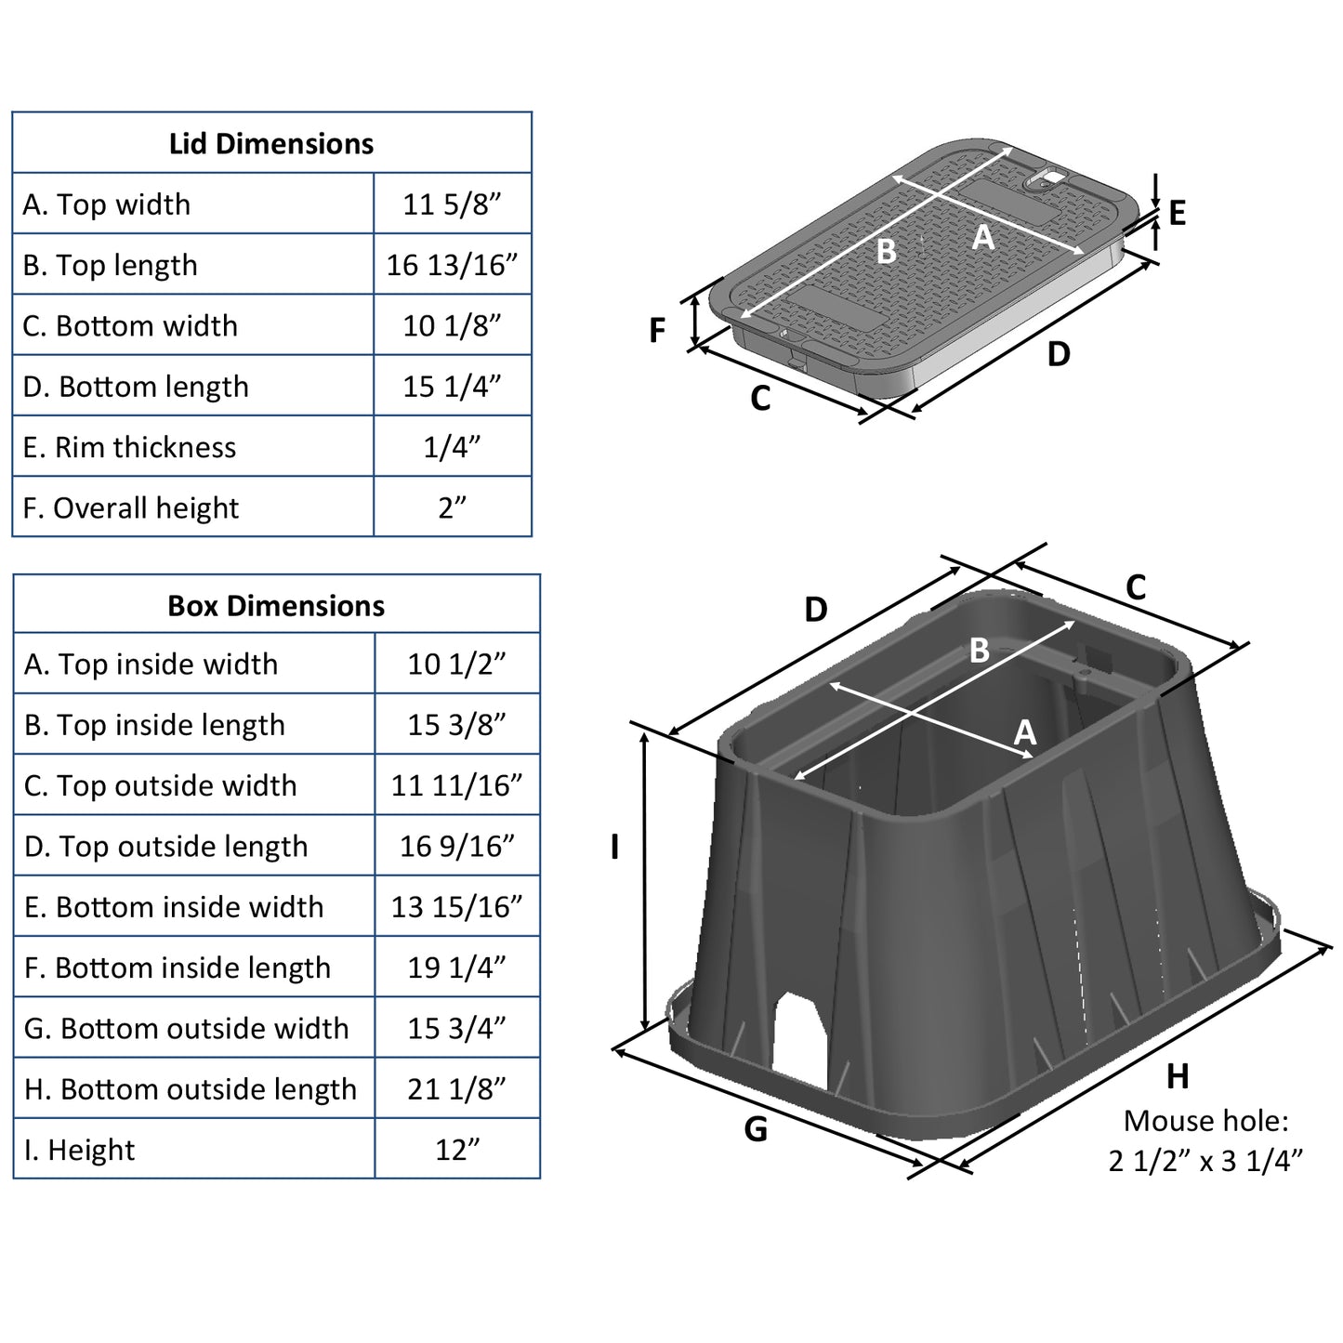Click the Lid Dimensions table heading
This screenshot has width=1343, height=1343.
(x=271, y=144)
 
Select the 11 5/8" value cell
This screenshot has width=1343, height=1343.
(x=452, y=204)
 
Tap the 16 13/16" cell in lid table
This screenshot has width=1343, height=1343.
(x=452, y=265)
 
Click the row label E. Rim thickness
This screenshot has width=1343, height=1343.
(x=130, y=447)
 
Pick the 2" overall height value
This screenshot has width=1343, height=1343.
(x=452, y=507)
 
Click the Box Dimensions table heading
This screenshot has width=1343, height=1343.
(x=276, y=606)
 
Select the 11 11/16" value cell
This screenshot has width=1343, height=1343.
(x=456, y=785)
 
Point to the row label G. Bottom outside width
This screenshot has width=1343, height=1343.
(x=187, y=1028)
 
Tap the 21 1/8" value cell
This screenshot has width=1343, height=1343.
(x=456, y=1088)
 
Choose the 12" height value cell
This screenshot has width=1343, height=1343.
(x=456, y=1150)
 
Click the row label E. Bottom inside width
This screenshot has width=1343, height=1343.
(x=175, y=907)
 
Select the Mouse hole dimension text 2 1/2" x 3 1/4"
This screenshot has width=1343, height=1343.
(x=1205, y=1161)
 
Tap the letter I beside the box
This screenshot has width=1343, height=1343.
(x=614, y=847)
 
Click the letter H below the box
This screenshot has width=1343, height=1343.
(x=1178, y=1076)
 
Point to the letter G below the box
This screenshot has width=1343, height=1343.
(x=756, y=1129)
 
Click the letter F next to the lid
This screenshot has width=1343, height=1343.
(x=657, y=330)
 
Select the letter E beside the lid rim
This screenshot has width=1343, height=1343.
(x=1177, y=214)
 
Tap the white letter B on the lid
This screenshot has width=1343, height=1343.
(x=886, y=251)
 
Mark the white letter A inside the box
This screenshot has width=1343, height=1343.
(x=1024, y=732)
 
